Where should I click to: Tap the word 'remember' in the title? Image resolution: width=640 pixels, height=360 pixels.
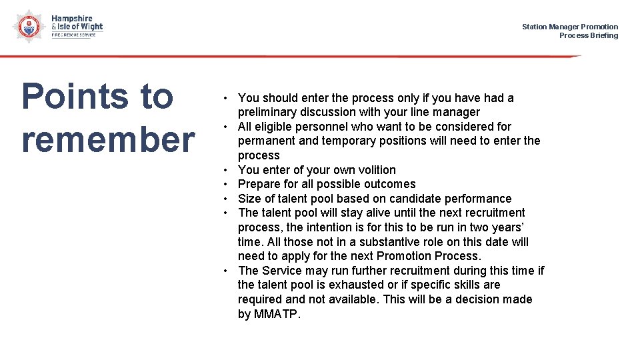(108, 139)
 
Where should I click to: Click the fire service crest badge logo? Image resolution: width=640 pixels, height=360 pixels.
(27, 27)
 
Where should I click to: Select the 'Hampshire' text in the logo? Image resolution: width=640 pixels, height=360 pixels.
(72, 19)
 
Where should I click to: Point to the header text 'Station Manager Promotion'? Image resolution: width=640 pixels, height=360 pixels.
(569, 27)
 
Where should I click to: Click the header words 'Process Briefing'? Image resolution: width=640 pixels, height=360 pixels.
(588, 35)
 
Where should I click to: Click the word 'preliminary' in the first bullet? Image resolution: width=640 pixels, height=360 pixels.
(267, 112)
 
